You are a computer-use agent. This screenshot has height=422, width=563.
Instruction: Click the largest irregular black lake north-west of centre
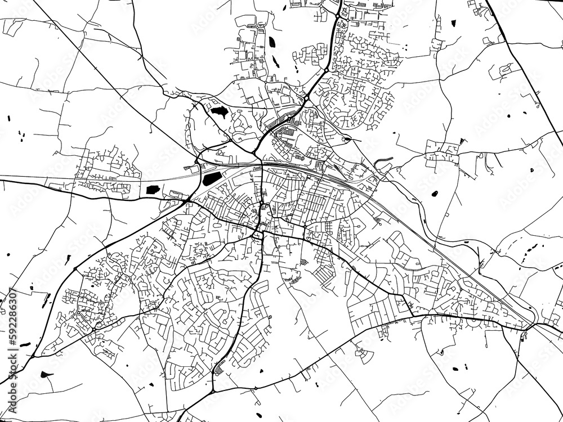[218, 111]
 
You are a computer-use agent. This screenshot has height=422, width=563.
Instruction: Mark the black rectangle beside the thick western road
[152, 189]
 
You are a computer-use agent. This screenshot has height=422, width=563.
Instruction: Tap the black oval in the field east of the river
[434, 194]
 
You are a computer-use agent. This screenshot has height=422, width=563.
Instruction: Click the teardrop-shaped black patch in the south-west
[47, 374]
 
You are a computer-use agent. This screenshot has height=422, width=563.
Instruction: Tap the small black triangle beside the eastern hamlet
[463, 140]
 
